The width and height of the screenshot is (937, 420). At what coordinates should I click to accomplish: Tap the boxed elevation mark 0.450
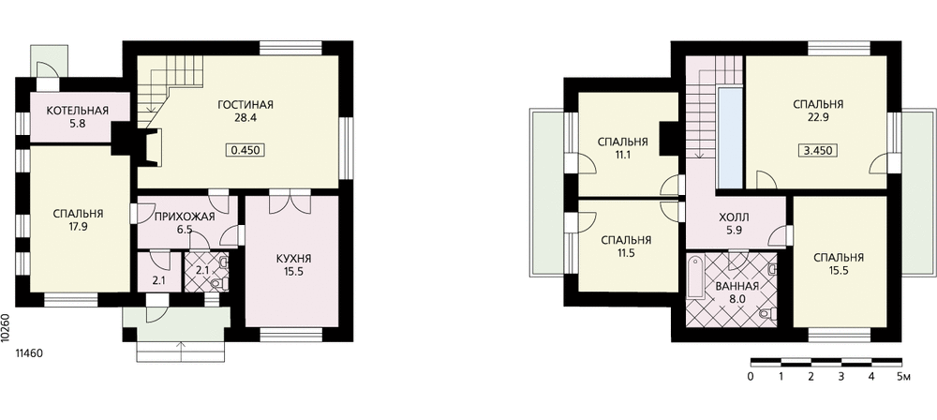tap(245, 149)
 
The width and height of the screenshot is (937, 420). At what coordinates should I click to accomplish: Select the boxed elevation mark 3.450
tap(817, 149)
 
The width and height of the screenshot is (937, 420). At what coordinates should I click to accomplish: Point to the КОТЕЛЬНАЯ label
tap(78, 111)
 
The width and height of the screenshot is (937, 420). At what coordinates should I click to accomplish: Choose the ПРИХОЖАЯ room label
tap(186, 216)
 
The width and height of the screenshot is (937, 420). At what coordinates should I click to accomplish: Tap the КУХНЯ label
tap(294, 258)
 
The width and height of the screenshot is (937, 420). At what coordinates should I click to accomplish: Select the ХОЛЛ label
tap(734, 214)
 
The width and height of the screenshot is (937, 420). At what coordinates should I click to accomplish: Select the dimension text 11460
tap(30, 355)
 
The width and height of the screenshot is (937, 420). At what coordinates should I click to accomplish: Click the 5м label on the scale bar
tap(903, 376)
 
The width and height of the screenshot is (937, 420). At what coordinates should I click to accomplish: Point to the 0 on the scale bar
tap(751, 376)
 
